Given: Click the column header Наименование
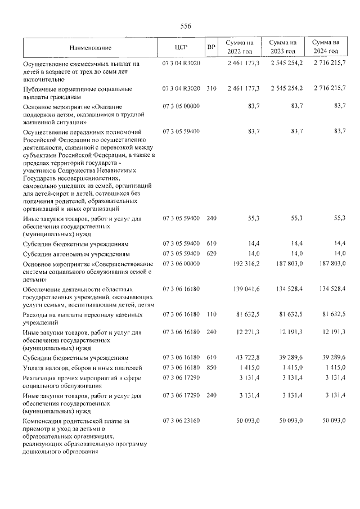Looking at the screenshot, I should [91, 47].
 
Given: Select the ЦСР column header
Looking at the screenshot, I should [181, 47].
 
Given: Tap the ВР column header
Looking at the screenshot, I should [211, 47].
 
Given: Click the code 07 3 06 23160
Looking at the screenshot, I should [181, 421].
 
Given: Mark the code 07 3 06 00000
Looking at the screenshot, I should [181, 263].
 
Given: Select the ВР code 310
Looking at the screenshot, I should [211, 89].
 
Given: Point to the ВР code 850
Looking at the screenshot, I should [211, 367].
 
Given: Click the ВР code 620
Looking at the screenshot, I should [211, 254].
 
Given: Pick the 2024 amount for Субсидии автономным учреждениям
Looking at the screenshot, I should [338, 254].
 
